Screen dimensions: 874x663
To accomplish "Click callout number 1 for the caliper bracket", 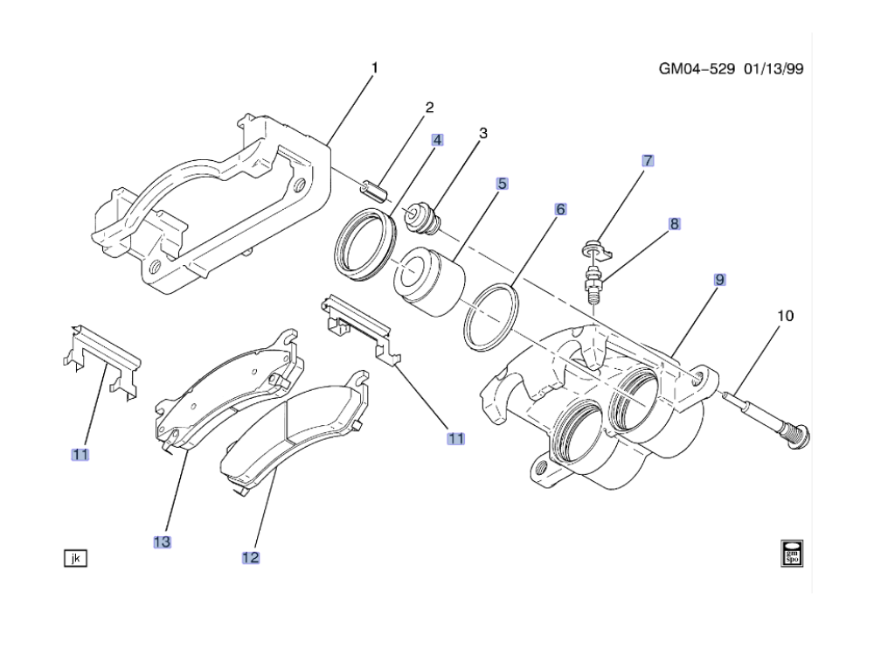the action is pyautogui.click(x=375, y=68).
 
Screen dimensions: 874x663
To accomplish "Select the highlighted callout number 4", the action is pyautogui.click(x=438, y=140).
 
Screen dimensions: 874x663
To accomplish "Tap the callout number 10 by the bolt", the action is pyautogui.click(x=786, y=316).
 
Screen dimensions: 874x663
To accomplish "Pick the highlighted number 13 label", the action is pyautogui.click(x=163, y=542).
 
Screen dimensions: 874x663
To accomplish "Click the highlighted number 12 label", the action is pyautogui.click(x=251, y=558).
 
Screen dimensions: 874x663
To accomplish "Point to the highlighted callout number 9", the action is pyautogui.click(x=719, y=280).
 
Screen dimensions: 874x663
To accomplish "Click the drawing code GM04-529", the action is pyautogui.click(x=697, y=69).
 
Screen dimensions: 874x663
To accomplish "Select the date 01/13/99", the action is pyautogui.click(x=773, y=69).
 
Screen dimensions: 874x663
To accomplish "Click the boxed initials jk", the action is pyautogui.click(x=76, y=558).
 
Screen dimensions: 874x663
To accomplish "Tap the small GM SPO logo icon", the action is pyautogui.click(x=792, y=553).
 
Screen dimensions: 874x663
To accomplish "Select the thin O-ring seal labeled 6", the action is pyautogui.click(x=491, y=318).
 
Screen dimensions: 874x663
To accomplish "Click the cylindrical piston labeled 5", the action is pyautogui.click(x=428, y=283).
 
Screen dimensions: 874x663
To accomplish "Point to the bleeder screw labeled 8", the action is pyautogui.click(x=594, y=285).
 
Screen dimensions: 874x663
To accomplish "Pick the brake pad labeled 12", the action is pyautogui.click(x=294, y=432).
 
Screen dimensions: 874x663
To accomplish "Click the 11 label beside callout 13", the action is pyautogui.click(x=80, y=455).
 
